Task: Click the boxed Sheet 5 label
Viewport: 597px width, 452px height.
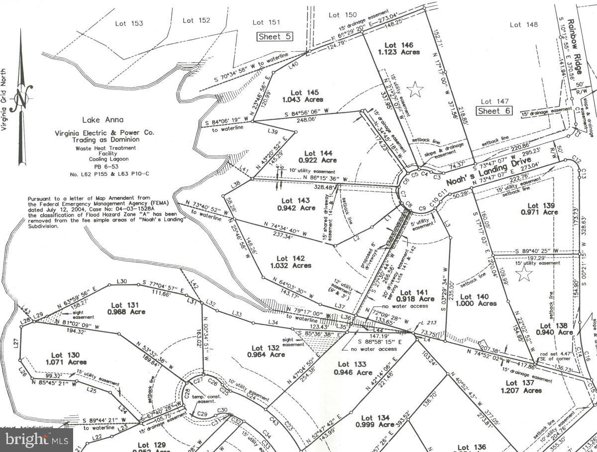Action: click(x=275, y=36)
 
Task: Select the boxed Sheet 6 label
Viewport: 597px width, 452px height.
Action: click(x=494, y=111)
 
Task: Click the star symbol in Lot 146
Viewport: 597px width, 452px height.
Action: click(x=415, y=90)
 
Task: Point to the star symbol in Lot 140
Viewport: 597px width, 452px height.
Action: click(x=524, y=273)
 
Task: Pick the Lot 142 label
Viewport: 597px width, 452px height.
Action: click(x=291, y=258)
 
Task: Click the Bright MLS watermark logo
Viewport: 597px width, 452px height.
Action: click(x=37, y=440)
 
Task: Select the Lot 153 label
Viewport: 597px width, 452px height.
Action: click(x=129, y=23)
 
